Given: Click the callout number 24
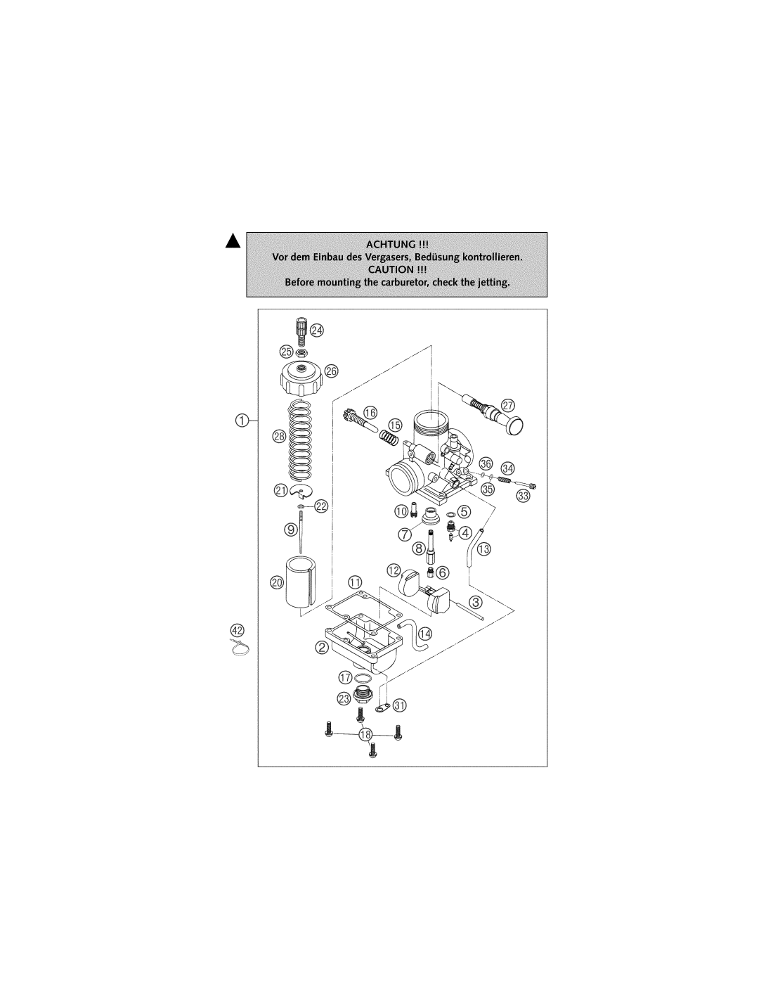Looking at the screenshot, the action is [316, 330].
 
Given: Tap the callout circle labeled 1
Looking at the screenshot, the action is [242, 420].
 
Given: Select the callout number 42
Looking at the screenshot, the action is [237, 630].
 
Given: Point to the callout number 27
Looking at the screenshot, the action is [507, 406].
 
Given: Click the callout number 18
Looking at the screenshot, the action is [365, 734].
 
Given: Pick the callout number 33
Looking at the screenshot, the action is [523, 496].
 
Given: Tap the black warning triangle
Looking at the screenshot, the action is [233, 241].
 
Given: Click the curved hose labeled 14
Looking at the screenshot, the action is [415, 636].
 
